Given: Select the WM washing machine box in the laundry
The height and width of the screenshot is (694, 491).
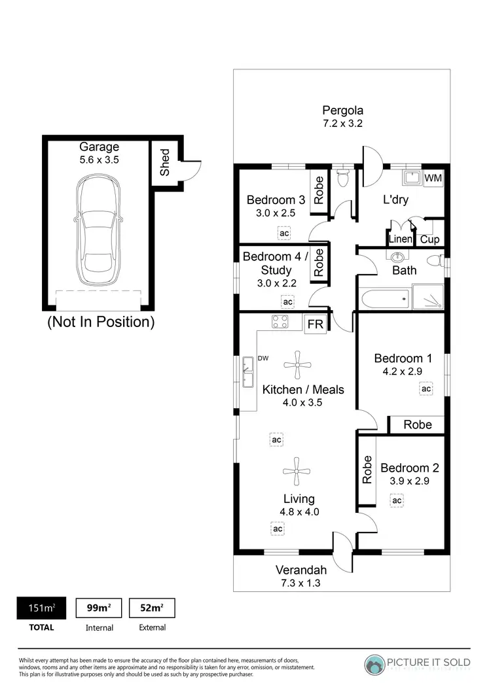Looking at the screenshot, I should pyautogui.click(x=433, y=178).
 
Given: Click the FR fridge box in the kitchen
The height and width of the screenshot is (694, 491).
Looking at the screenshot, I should pyautogui.click(x=315, y=324).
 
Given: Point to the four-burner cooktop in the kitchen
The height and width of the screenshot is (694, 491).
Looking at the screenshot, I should pyautogui.click(x=281, y=322).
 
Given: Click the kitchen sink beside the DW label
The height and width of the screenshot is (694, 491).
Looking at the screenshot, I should pyautogui.click(x=248, y=372).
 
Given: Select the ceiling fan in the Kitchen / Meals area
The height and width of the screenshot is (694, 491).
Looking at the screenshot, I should pyautogui.click(x=298, y=365).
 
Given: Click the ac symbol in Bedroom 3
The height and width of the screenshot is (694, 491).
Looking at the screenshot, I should pyautogui.click(x=284, y=233).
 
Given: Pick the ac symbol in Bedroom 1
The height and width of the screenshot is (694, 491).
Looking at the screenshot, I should pyautogui.click(x=426, y=389).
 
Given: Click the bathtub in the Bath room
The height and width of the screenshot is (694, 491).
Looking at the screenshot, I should pyautogui.click(x=385, y=299).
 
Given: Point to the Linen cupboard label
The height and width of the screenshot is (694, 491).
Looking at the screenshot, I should pyautogui.click(x=400, y=239).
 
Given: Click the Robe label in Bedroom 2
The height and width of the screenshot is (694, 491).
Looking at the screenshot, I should pyautogui.click(x=367, y=470).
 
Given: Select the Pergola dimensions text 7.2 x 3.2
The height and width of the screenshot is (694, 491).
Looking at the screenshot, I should pyautogui.click(x=342, y=123).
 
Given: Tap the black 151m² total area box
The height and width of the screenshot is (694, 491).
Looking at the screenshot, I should pyautogui.click(x=41, y=608).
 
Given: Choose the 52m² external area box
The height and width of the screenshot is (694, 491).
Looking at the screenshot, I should pyautogui.click(x=152, y=608).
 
